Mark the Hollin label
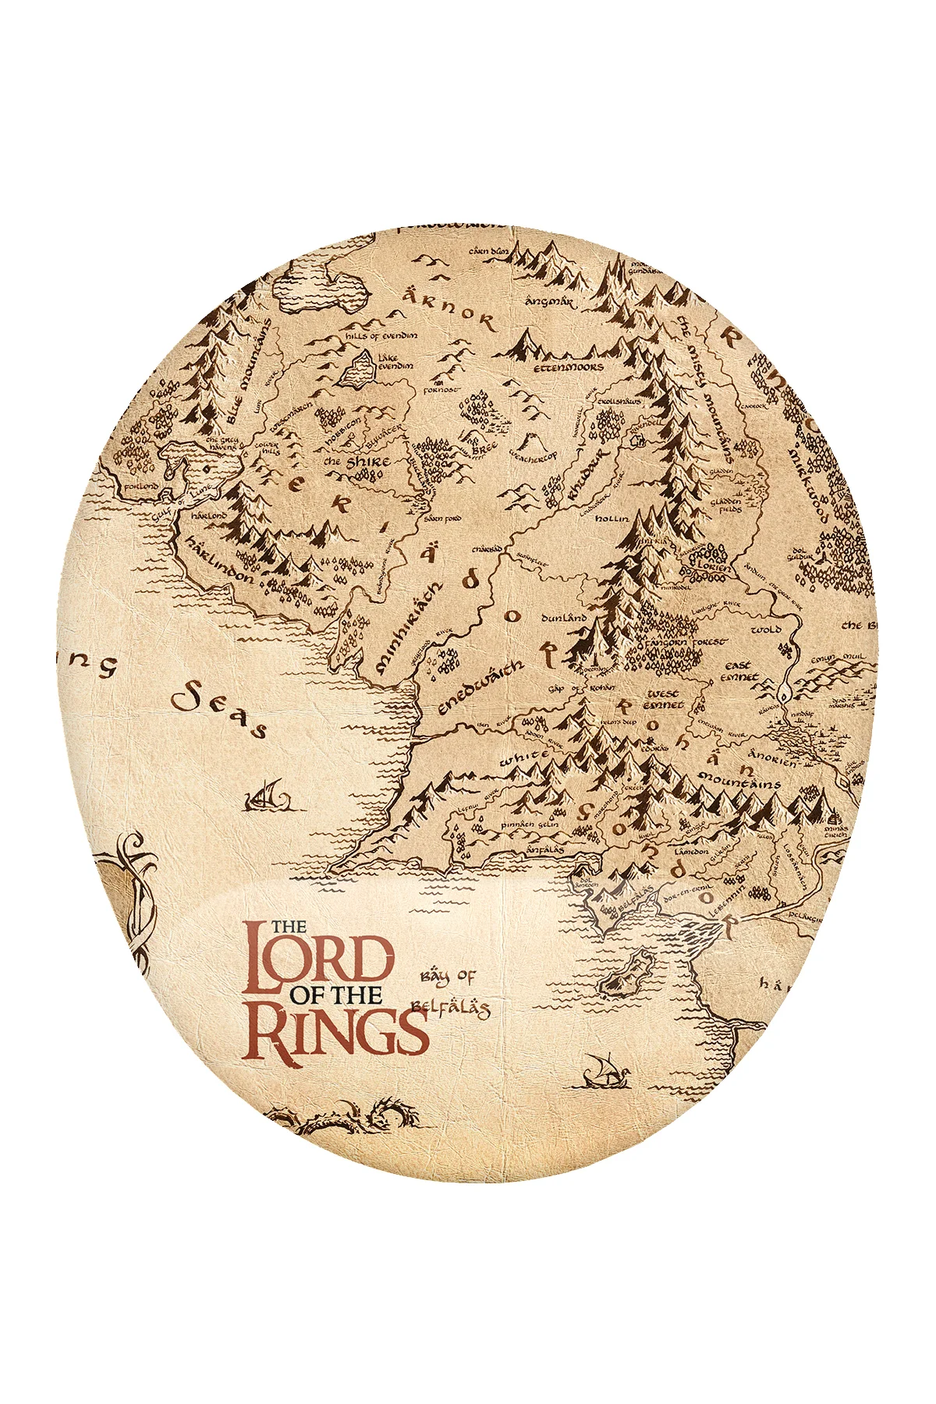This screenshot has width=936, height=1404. click(612, 518)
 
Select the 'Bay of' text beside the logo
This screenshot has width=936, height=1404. click(448, 977)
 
